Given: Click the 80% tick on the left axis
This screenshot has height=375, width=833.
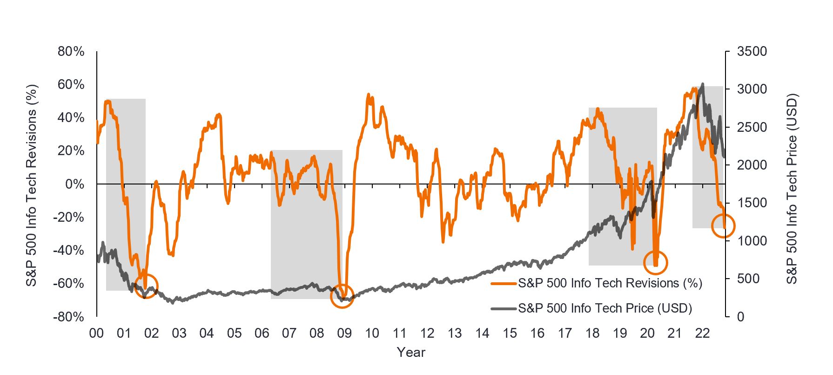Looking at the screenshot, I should click(71, 51).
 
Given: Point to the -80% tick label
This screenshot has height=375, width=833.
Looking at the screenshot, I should click(69, 317).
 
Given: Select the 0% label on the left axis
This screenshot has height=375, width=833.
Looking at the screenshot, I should click(75, 184).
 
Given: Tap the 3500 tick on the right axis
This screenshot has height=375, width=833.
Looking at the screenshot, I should click(752, 51).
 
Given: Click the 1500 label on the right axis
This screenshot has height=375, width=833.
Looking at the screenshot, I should click(752, 203).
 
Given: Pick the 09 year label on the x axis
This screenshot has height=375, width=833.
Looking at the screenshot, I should click(344, 334).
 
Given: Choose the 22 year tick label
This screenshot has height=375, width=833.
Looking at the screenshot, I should click(702, 334).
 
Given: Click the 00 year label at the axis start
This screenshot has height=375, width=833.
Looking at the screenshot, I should click(96, 334).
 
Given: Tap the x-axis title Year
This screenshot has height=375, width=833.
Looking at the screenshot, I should click(411, 352).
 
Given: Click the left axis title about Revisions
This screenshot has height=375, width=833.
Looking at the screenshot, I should click(31, 185).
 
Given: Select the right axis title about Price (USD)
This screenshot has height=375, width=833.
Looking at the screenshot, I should click(792, 189).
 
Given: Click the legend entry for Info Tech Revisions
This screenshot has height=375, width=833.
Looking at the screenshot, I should click(610, 283).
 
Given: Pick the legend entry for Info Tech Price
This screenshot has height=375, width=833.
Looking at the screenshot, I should click(605, 308).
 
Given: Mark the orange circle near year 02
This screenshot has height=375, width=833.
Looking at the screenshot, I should click(147, 286).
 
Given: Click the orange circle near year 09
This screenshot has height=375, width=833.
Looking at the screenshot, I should click(343, 296).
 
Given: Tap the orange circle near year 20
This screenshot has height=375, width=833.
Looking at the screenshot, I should click(656, 263).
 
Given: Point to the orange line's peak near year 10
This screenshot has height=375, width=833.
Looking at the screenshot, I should click(369, 95).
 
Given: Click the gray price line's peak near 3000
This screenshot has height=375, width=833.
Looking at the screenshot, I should click(702, 84).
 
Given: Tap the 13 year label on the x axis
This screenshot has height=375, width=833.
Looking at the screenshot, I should click(455, 334).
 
